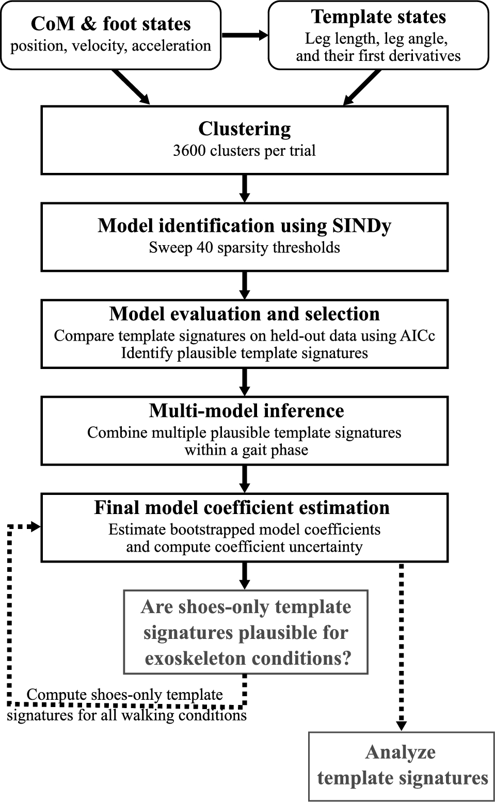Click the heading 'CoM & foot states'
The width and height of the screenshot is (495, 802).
(110, 24)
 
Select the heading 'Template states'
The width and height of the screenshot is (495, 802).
(378, 17)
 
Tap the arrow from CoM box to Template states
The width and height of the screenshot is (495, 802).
(245, 35)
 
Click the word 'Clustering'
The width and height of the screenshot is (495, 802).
(244, 129)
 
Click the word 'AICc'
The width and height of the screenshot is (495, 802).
(417, 335)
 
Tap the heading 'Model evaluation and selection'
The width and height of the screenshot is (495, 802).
(244, 314)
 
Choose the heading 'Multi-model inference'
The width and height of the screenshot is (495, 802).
(246, 411)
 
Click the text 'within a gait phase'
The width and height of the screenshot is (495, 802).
(246, 450)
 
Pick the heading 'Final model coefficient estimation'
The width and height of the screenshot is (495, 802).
(242, 508)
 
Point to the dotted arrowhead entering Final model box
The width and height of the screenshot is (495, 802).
(36, 526)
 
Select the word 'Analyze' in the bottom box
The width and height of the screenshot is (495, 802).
(400, 752)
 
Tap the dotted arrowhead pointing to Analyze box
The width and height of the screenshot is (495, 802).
(401, 725)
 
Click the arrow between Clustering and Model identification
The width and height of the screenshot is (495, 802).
(245, 188)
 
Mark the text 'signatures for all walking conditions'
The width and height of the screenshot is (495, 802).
(126, 716)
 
